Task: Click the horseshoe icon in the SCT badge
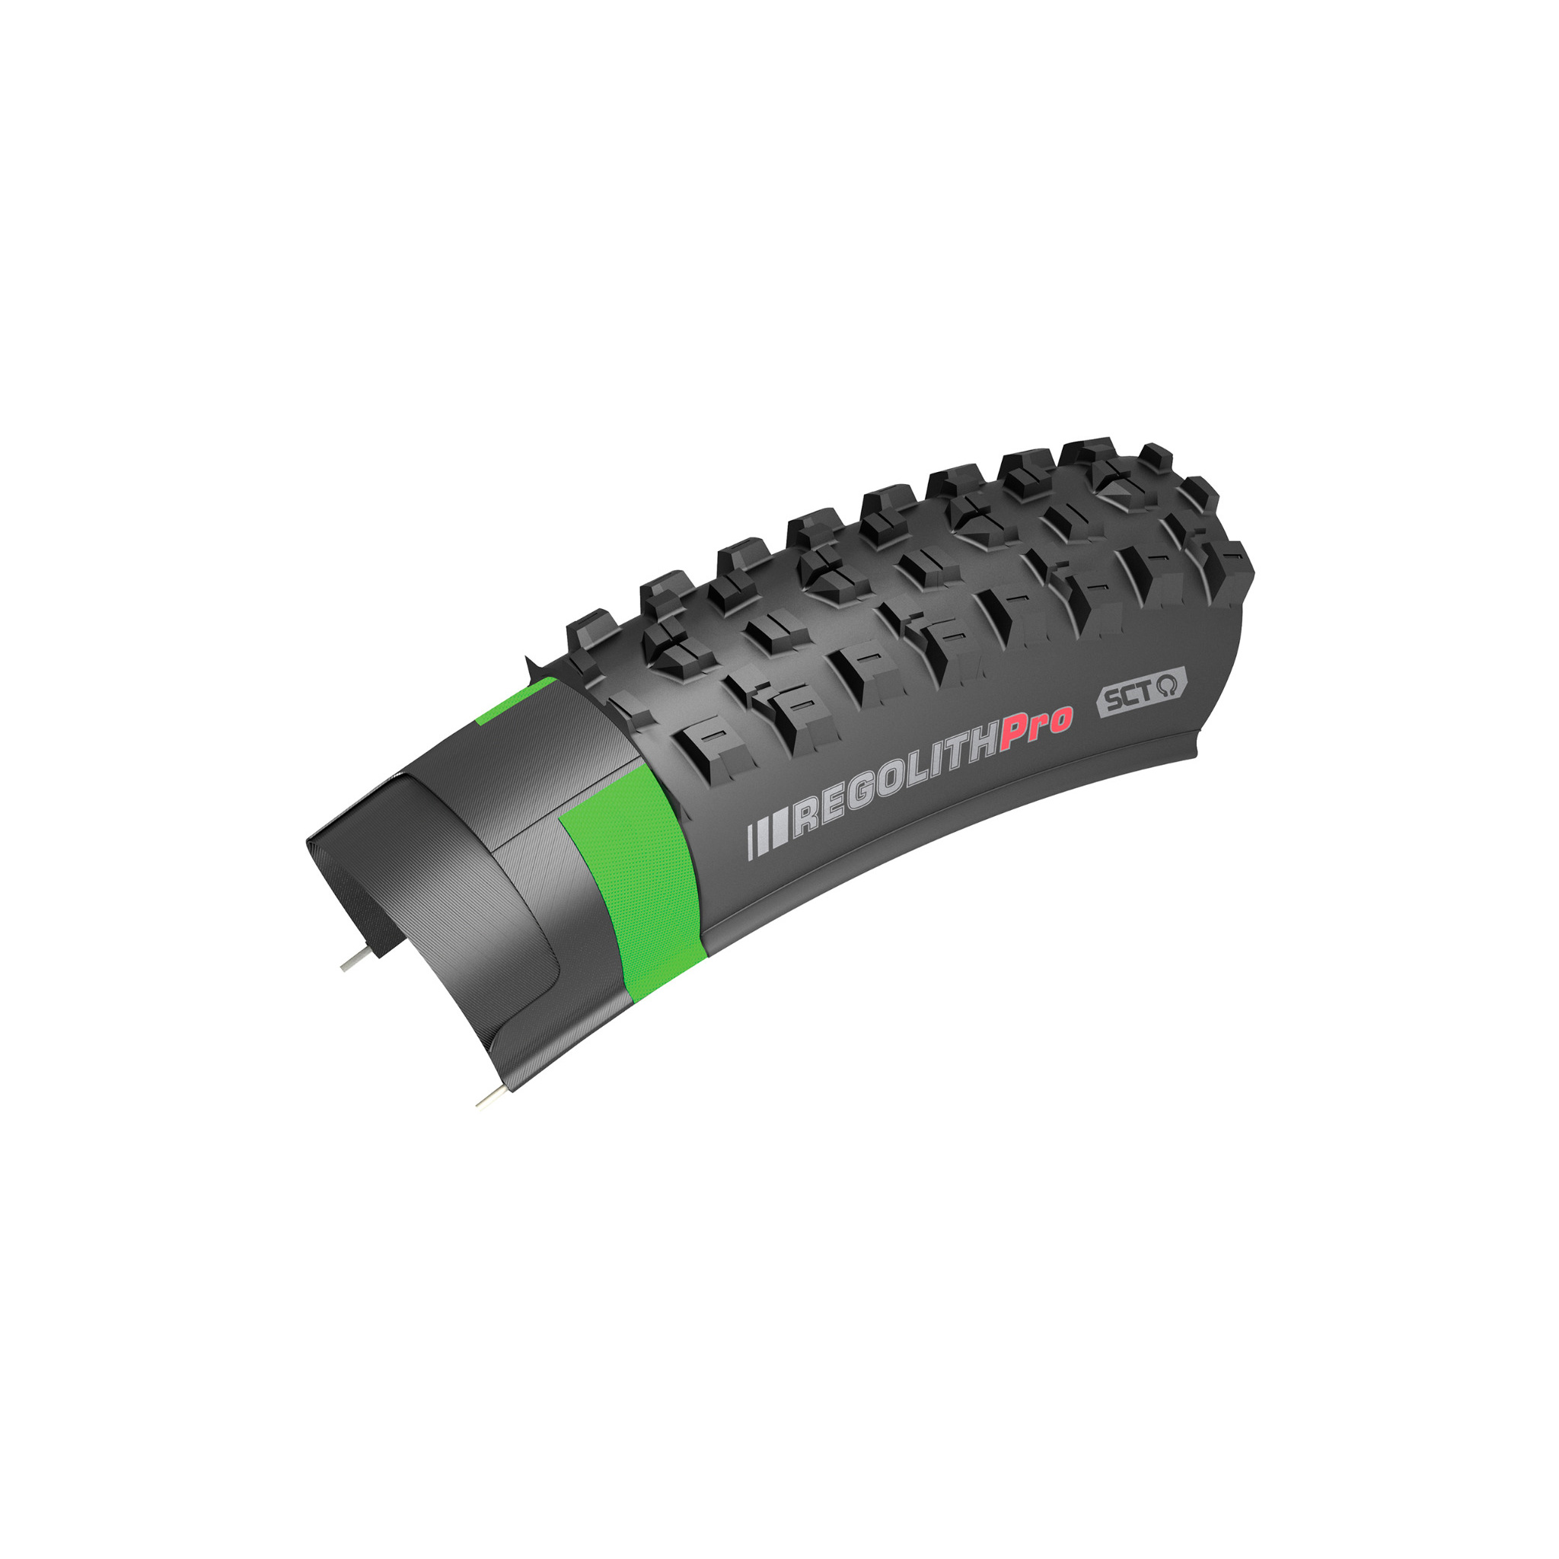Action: pyautogui.click(x=1167, y=685)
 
